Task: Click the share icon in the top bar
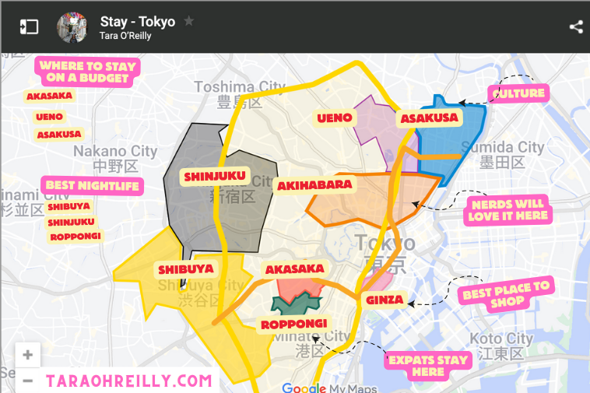[x=575, y=27]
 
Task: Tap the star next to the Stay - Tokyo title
[x=188, y=21]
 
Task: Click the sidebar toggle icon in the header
[x=29, y=27]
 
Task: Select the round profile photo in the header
[x=72, y=27]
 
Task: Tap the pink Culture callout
[x=518, y=93]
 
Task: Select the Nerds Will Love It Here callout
[x=507, y=210]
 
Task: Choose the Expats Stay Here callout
[x=428, y=365]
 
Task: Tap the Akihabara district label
[x=314, y=185]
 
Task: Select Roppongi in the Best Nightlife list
[x=75, y=237]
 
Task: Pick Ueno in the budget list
[x=49, y=118]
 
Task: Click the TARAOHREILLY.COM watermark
[x=128, y=381]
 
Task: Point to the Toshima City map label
[x=240, y=86]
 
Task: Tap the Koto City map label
[x=500, y=339]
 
